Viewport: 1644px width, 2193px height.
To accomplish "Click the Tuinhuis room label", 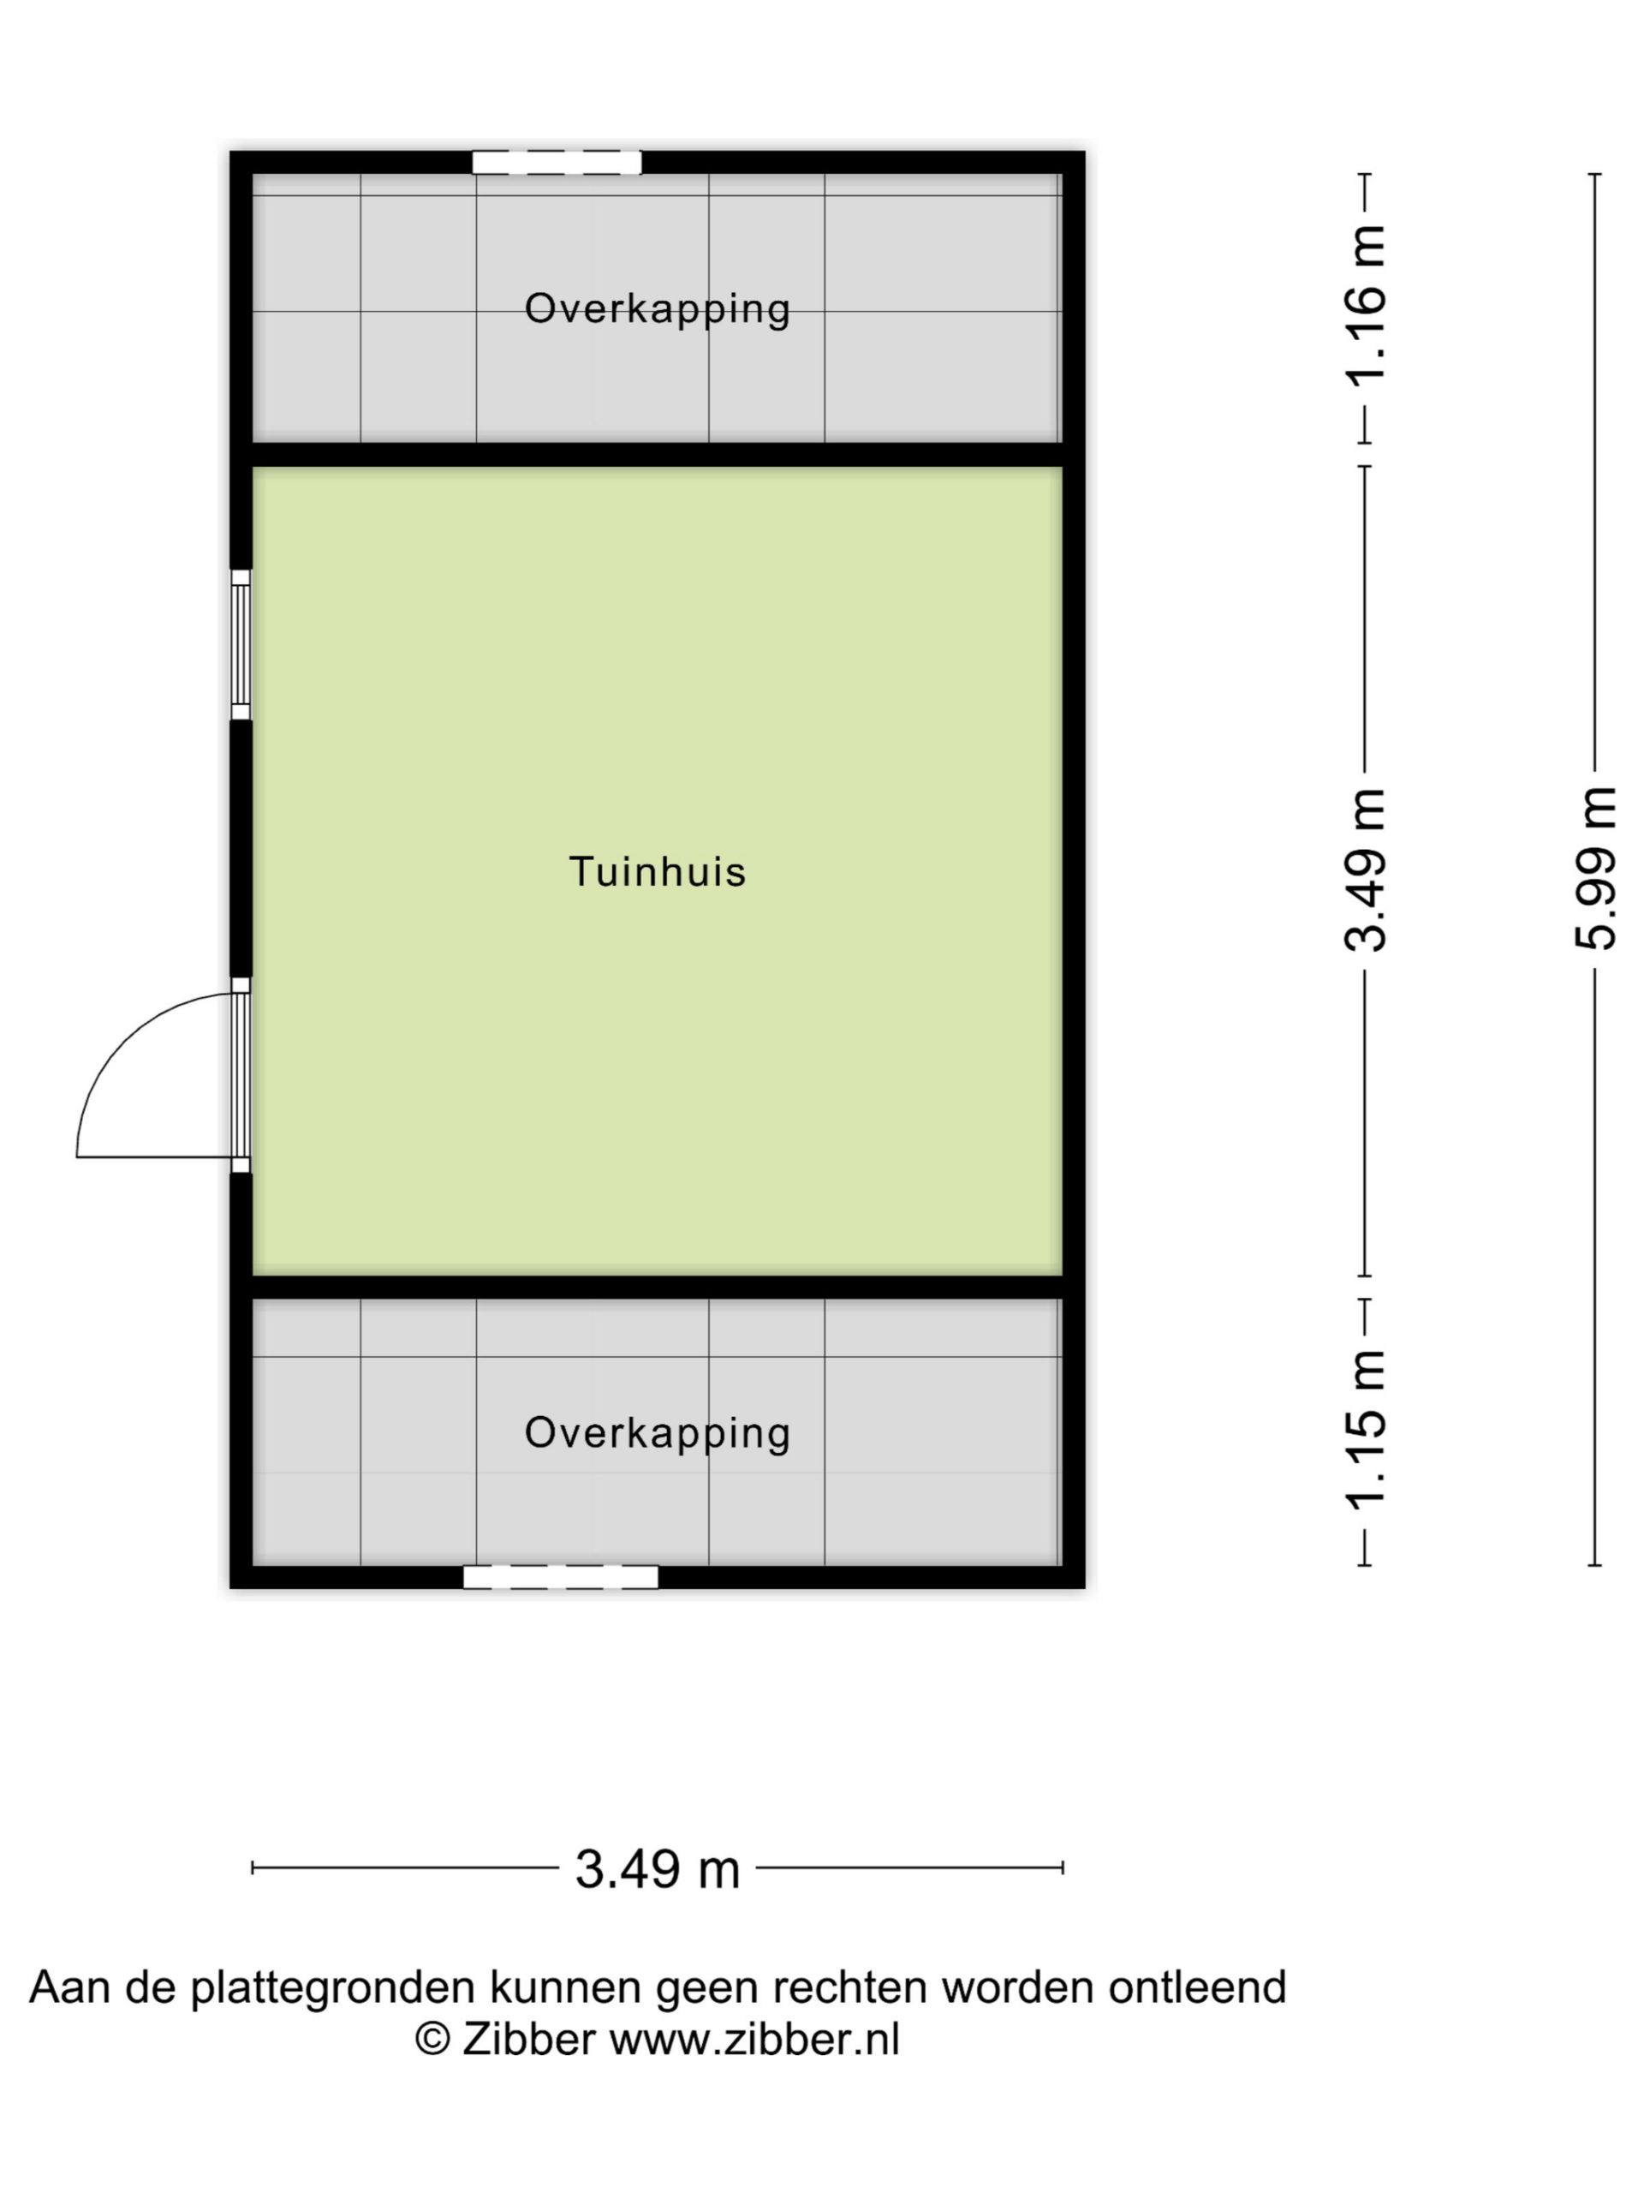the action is click(657, 871).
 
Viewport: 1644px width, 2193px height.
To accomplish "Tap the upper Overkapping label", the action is click(657, 309).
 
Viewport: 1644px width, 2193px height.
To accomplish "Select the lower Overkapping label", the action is click(657, 1433).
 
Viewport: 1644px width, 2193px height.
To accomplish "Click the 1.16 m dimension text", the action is click(1366, 305).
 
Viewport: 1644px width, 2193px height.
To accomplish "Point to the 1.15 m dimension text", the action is click(1366, 1429).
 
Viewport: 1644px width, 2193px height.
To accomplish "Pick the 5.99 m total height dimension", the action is click(1595, 869).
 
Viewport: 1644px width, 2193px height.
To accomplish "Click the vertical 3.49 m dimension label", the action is click(1366, 869).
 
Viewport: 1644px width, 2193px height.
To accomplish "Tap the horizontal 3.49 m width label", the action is click(658, 1870).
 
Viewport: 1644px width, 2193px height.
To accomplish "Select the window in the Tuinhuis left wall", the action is click(240, 644).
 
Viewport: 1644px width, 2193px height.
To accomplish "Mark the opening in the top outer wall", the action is click(556, 163).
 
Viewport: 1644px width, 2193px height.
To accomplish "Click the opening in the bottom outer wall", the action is click(560, 1577).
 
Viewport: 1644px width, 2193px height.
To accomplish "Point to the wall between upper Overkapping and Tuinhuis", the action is click(657, 455).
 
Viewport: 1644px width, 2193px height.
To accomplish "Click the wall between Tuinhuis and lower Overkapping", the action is click(657, 1288).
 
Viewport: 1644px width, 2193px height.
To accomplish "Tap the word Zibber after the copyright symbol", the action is click(529, 2040).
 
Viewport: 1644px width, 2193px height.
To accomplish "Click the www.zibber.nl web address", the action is click(754, 2040).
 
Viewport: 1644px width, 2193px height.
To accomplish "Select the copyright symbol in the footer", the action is click(432, 2040).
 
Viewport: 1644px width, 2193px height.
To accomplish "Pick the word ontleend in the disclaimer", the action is click(1197, 1987).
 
